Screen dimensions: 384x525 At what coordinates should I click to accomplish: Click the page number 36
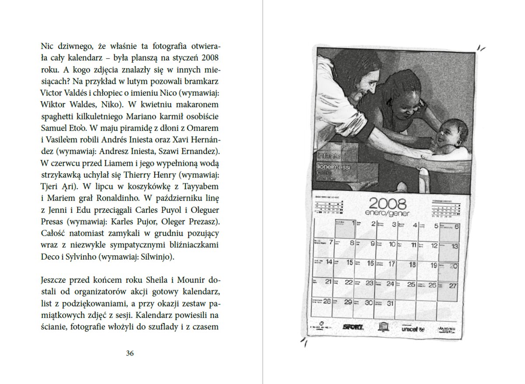click(129, 353)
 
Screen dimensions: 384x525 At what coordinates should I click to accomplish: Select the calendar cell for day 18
click(412, 264)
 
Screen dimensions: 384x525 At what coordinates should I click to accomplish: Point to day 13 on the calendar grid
click(454, 247)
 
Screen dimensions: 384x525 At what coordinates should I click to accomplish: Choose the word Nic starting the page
click(46, 46)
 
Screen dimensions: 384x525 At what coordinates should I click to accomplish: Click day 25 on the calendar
click(411, 284)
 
